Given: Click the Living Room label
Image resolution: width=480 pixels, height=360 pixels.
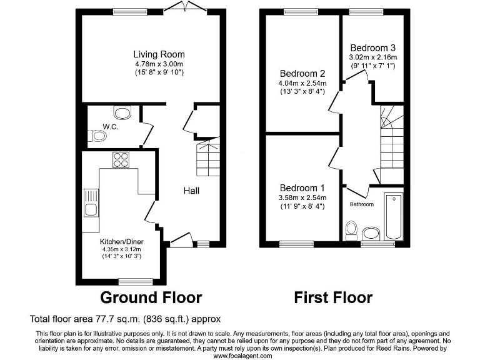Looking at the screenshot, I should coord(159,54).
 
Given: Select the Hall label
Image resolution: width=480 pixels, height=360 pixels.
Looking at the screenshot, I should coord(191,190).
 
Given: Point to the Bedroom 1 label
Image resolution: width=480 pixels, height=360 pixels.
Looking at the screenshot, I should coord(302,188).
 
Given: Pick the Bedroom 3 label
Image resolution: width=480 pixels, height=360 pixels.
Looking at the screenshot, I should coord(372,47).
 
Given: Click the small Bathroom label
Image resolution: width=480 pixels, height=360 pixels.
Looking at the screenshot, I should coord(361,204).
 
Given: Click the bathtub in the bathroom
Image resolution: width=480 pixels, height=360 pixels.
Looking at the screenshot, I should coord(394,216).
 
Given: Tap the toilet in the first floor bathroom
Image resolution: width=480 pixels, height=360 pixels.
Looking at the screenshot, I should coord(350,230).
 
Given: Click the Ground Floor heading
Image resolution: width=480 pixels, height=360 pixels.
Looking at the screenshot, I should coord(151,297).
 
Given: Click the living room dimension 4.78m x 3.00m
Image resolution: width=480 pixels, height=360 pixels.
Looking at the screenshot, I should coord(159,64).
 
